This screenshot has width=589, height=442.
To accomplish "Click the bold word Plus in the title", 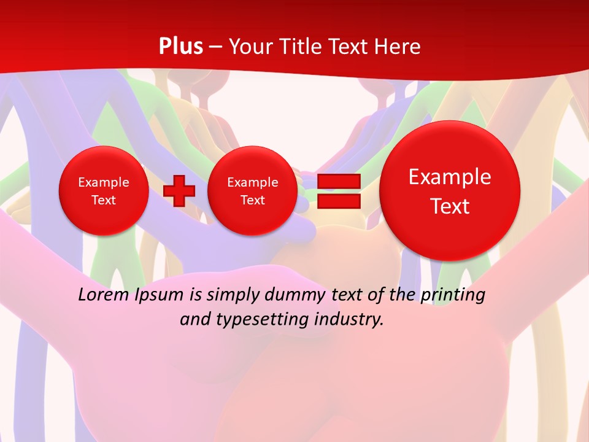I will [180, 47].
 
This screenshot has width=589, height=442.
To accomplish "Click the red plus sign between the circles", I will [179, 190].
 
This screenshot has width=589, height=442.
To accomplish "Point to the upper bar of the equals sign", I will [339, 182].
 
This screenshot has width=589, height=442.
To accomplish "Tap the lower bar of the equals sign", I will [339, 201].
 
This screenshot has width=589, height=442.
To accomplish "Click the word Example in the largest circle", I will [450, 177].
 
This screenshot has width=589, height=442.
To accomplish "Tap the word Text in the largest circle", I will [450, 206].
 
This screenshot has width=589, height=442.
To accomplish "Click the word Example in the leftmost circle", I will [104, 182].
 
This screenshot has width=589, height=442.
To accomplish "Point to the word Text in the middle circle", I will [252, 200].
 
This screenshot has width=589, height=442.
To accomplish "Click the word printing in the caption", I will [453, 295].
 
